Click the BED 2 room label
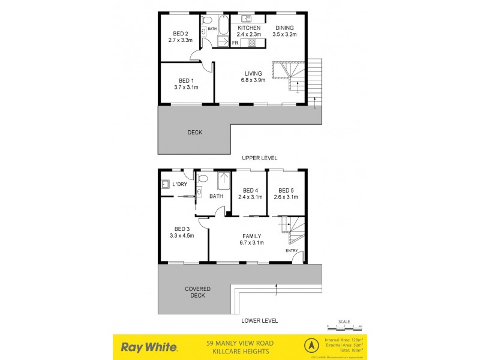click(181, 34)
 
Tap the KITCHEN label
click(249, 28)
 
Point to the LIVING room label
click(253, 74)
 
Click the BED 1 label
click(186, 81)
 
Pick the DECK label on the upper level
click(194, 132)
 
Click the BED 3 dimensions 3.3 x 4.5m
click(182, 236)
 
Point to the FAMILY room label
click(251, 236)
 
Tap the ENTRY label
click(292, 250)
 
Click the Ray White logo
click(149, 347)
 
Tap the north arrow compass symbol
click(311, 346)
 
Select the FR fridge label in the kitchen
click(236, 43)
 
